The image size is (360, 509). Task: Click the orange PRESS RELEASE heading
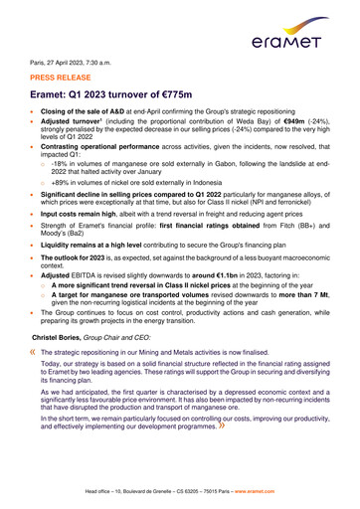click(66, 75)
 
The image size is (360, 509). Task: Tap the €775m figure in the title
click(196, 92)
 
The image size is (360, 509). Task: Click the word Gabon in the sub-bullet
click(226, 161)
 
